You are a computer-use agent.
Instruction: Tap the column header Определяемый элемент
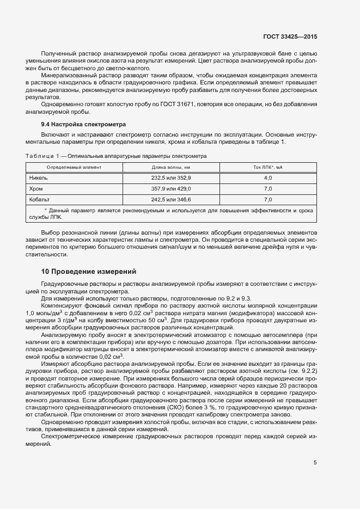[x=74, y=167]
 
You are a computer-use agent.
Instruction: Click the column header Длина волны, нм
[x=171, y=167]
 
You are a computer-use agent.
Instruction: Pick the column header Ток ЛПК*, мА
[x=268, y=167]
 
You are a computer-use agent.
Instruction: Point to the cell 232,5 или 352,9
[x=171, y=178]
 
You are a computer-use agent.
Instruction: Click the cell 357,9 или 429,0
[x=171, y=188]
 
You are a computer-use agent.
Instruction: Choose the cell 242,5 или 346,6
[x=171, y=199]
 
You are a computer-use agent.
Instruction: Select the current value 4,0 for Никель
[x=268, y=178]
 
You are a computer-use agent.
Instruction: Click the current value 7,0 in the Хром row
[x=268, y=188]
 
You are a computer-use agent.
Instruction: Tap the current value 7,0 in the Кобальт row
[x=268, y=199]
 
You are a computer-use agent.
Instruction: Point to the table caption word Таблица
[x=40, y=156]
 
